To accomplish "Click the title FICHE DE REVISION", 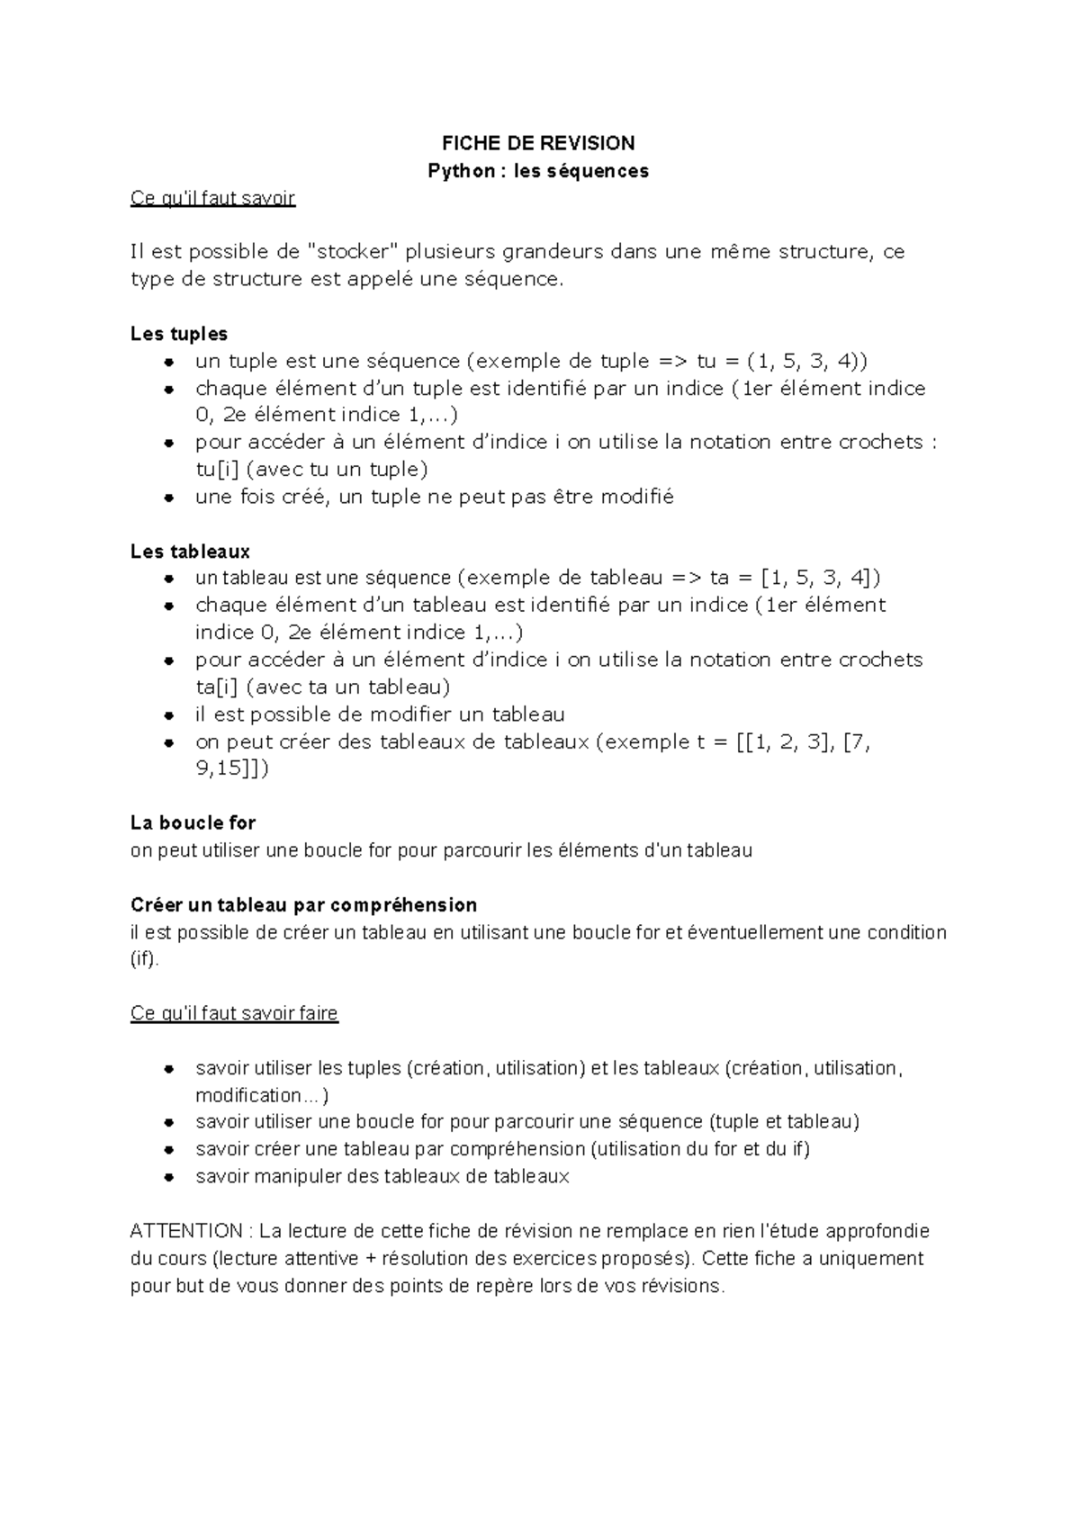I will pyautogui.click(x=538, y=143).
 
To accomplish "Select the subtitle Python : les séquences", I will pyautogui.click(x=538, y=171).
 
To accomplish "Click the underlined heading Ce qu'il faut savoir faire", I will pyautogui.click(x=234, y=1013).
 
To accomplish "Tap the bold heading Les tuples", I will pyautogui.click(x=179, y=334).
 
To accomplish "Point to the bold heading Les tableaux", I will pyautogui.click(x=190, y=551).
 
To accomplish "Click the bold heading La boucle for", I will pyautogui.click(x=193, y=822).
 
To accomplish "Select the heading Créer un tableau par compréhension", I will pyautogui.click(x=303, y=904).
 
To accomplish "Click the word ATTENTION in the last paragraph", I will pyautogui.click(x=186, y=1231).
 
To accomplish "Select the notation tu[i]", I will pyautogui.click(x=216, y=470).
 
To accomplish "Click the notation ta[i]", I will pyautogui.click(x=216, y=687).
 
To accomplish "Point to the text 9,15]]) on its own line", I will pyautogui.click(x=231, y=768).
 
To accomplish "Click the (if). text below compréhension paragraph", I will pyautogui.click(x=144, y=959).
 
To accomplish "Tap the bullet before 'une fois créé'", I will pyautogui.click(x=168, y=498).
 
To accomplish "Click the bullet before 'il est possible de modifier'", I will pyautogui.click(x=168, y=715).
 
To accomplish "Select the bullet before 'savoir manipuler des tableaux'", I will pyautogui.click(x=168, y=1177).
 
